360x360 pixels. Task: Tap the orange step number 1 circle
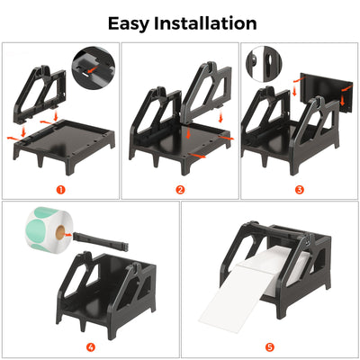tap(60, 189)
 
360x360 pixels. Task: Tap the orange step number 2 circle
tap(180, 189)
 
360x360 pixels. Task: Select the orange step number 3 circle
tap(300, 189)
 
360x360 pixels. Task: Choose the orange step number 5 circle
tap(270, 346)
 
